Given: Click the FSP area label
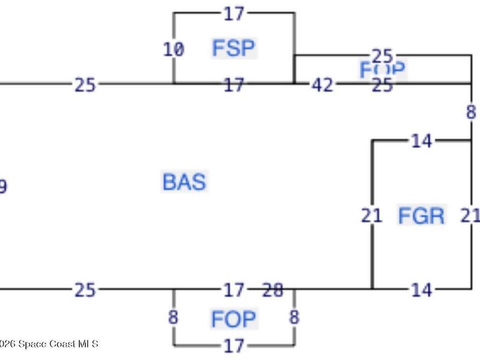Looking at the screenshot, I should tap(233, 48).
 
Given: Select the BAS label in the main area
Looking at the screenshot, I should tap(184, 182).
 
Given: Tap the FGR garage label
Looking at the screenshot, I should tap(421, 216).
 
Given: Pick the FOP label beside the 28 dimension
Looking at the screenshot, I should tap(233, 319).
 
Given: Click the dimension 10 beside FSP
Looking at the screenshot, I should tap(173, 49).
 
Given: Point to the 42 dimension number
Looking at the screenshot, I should tap(322, 85).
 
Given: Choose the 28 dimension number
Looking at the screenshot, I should tap(273, 291).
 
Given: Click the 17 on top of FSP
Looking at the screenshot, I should tap(233, 14).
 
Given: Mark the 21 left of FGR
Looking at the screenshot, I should tap(372, 216).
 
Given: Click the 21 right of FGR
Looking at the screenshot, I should tap(470, 216).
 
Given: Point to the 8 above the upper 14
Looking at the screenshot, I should tap(471, 112).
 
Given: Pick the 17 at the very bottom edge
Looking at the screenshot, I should tap(233, 346).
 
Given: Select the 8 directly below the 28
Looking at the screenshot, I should tap(294, 317).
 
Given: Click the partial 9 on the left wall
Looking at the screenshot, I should tap(3, 187).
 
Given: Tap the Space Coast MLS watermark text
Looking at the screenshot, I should tap(49, 344).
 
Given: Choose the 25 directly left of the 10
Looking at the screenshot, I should tap(85, 85).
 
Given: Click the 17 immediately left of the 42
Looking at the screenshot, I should tap(233, 85).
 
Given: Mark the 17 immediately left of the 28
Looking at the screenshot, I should tap(233, 291).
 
